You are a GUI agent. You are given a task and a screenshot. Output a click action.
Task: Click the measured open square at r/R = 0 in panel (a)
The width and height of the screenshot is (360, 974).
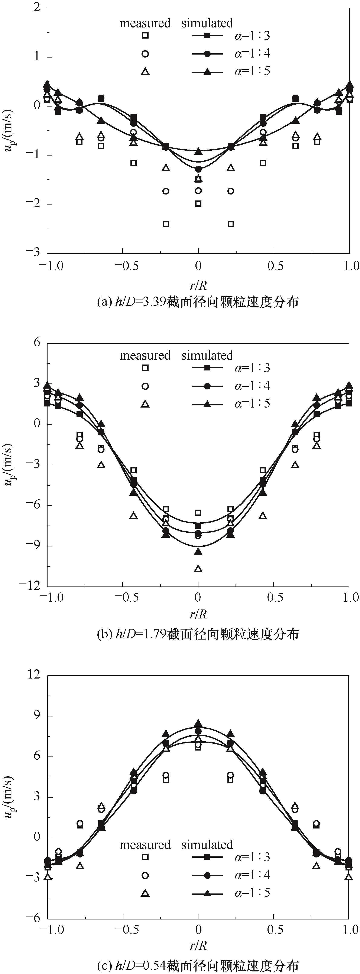(x=198, y=203)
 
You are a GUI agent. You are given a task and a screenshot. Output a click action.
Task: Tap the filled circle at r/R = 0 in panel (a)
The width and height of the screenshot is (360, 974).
(x=198, y=169)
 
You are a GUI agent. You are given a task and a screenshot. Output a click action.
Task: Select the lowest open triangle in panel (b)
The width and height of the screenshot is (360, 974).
(x=198, y=568)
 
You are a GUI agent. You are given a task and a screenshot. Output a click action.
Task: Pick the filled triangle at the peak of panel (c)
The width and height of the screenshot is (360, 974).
(x=198, y=723)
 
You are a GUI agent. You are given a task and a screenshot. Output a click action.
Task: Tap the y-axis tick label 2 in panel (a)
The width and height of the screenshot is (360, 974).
(x=37, y=7)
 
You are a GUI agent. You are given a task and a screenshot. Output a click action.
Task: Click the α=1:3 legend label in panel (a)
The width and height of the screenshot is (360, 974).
(x=252, y=36)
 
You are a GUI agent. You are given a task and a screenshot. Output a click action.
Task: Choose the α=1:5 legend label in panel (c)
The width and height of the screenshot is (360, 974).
(x=252, y=893)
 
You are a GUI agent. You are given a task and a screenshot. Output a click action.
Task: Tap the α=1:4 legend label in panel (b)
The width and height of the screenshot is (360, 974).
(x=252, y=386)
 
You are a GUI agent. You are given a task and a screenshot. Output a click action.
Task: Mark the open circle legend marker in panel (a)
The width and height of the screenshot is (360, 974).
(x=145, y=54)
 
